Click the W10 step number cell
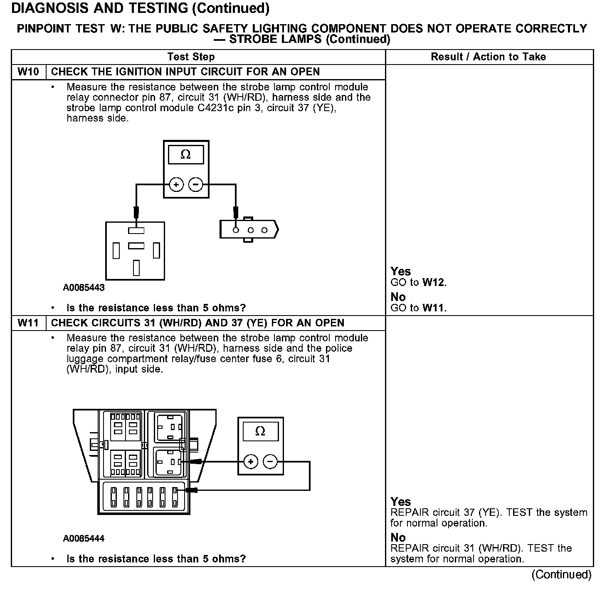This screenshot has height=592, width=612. (28, 72)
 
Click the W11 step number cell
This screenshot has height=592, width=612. (28, 323)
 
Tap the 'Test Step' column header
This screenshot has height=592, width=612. (191, 57)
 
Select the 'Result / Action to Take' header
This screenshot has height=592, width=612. (489, 57)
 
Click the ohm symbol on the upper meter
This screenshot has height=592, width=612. (186, 155)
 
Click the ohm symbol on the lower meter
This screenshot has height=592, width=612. (260, 431)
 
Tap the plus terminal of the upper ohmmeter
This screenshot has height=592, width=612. (176, 184)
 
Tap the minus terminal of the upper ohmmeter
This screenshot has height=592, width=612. (196, 184)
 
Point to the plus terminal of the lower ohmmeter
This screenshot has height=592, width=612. (250, 461)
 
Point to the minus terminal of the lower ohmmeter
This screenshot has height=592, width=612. (270, 461)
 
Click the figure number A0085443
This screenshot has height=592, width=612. (84, 288)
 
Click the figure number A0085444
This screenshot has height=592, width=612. (84, 539)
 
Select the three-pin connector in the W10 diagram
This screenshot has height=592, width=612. (249, 230)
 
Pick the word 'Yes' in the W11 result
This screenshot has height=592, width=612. (401, 502)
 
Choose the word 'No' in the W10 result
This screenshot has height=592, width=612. (398, 297)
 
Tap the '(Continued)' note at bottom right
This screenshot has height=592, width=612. (561, 575)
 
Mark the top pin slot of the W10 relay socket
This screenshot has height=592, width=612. (136, 231)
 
